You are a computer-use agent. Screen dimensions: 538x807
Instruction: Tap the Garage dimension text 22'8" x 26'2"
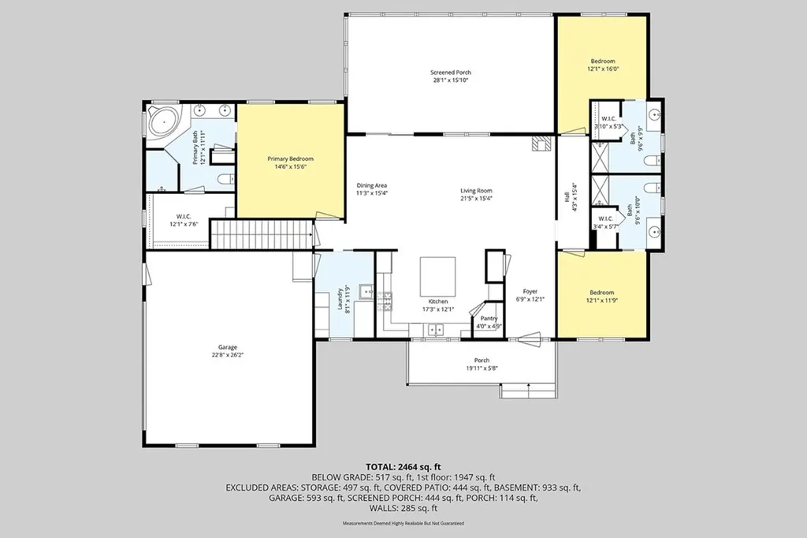click(227, 356)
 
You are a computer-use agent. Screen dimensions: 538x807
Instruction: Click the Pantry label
click(488, 319)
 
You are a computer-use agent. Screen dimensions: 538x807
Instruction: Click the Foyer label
click(530, 291)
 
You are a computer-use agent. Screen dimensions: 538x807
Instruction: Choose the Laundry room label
click(341, 300)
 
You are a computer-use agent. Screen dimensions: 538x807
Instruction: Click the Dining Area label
click(371, 185)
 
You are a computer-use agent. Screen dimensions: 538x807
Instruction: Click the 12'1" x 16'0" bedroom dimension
click(603, 69)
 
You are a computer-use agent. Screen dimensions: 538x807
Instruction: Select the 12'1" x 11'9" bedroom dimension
click(603, 301)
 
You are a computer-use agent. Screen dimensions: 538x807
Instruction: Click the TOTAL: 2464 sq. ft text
click(403, 467)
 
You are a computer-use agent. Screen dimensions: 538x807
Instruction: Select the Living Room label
click(476, 190)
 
